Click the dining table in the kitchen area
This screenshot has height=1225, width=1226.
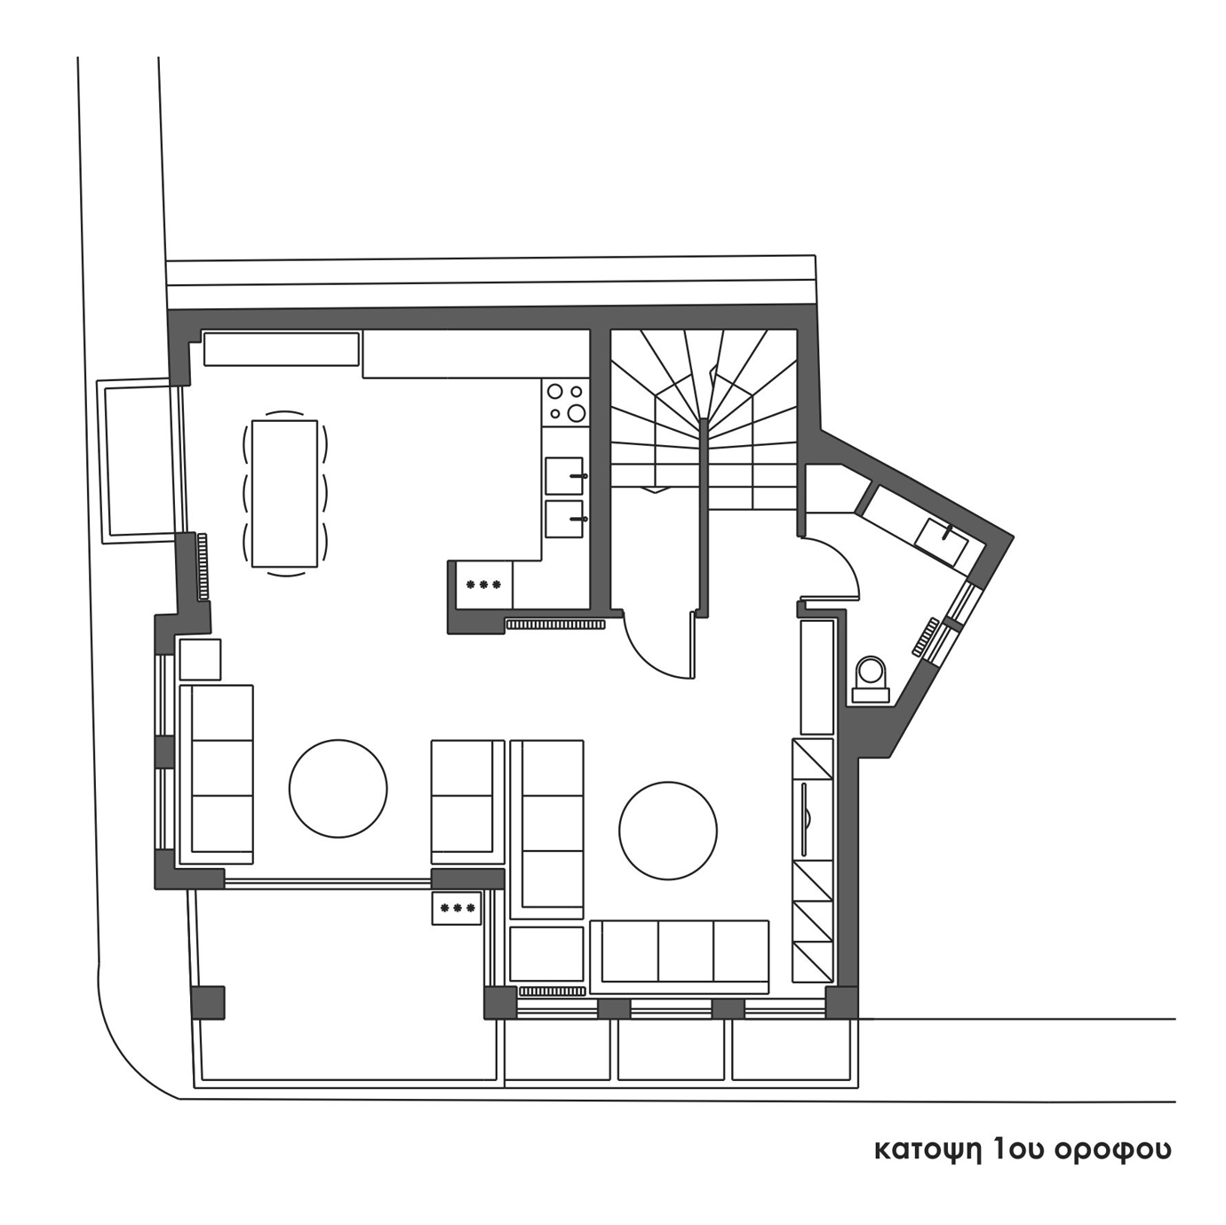tap(284, 493)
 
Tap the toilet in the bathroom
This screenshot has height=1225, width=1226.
tap(870, 680)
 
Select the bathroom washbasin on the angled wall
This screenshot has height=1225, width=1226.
tap(942, 542)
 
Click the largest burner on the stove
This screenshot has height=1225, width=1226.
tap(577, 413)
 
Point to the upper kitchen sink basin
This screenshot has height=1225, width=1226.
tap(563, 476)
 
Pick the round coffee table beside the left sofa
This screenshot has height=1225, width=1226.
tap(338, 788)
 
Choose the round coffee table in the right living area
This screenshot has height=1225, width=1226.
tap(667, 831)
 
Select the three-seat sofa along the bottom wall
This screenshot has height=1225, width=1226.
tap(680, 956)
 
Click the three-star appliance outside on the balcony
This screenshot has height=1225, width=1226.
tap(457, 908)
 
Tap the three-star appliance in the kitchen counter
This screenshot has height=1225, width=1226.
tap(483, 585)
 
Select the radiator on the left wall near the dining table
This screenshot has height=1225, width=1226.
tap(203, 567)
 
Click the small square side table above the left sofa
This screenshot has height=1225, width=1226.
tap(201, 660)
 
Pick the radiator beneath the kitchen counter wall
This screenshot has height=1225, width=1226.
tap(555, 624)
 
